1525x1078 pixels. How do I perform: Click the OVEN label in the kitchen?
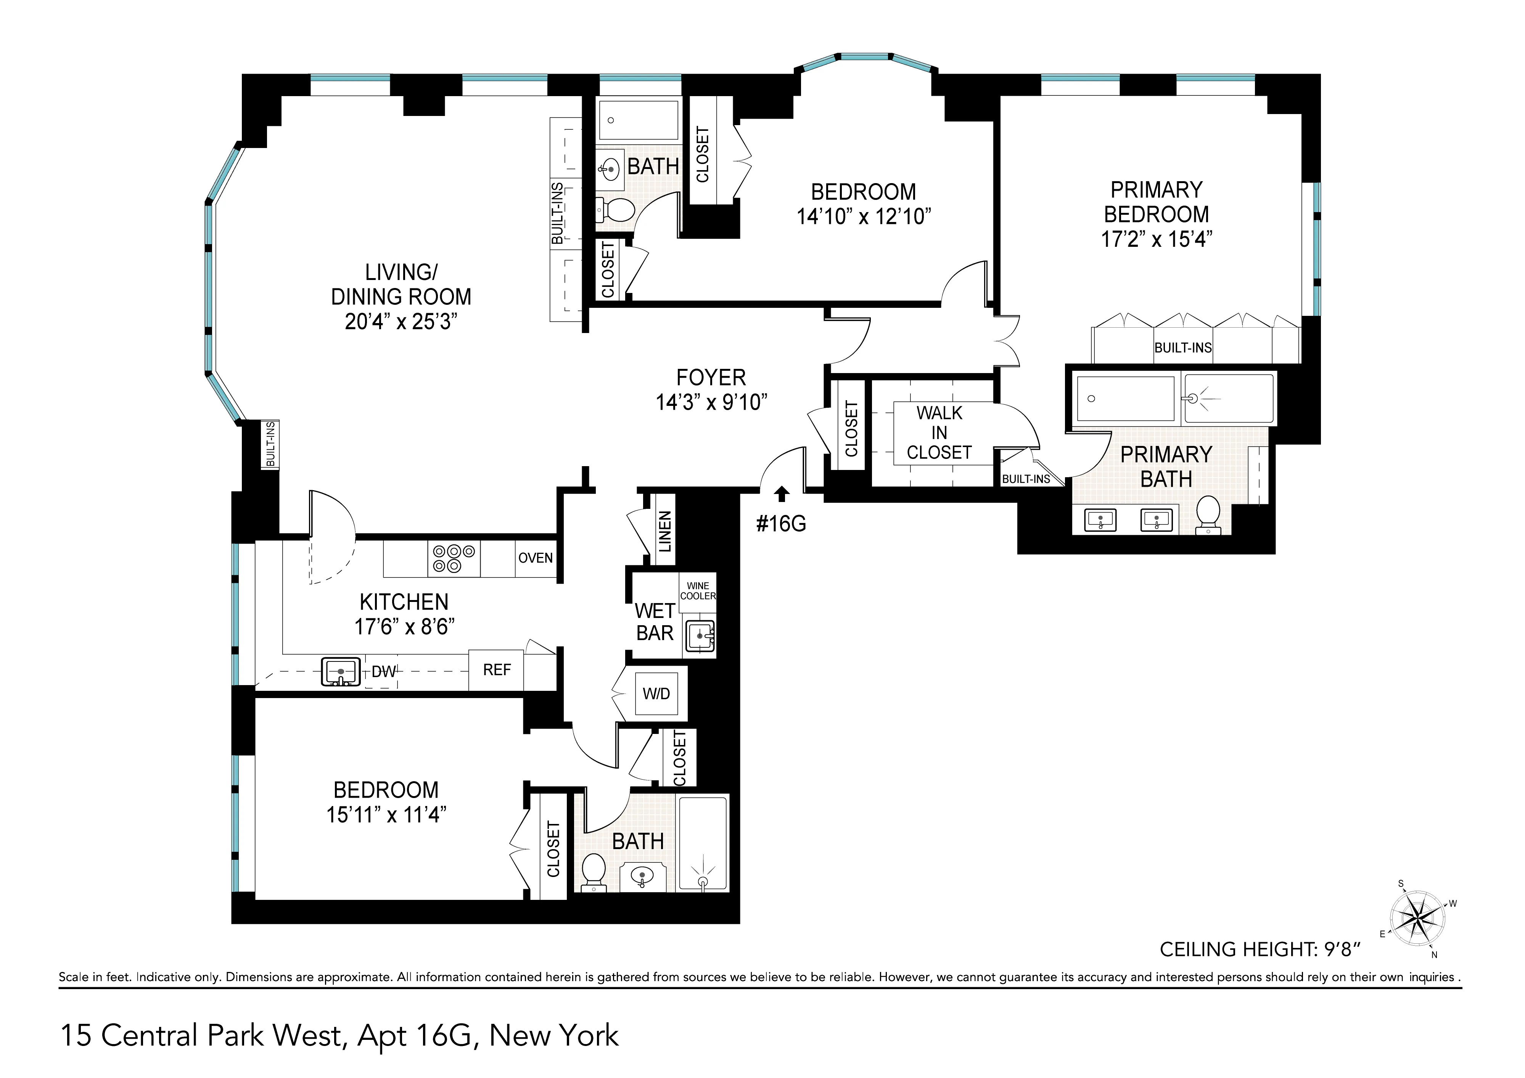pyautogui.click(x=535, y=558)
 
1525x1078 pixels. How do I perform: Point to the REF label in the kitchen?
pyautogui.click(x=497, y=670)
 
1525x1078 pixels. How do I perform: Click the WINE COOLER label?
pyautogui.click(x=697, y=590)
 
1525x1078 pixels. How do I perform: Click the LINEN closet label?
pyautogui.click(x=665, y=531)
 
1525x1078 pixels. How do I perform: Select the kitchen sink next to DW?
pyautogui.click(x=341, y=671)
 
